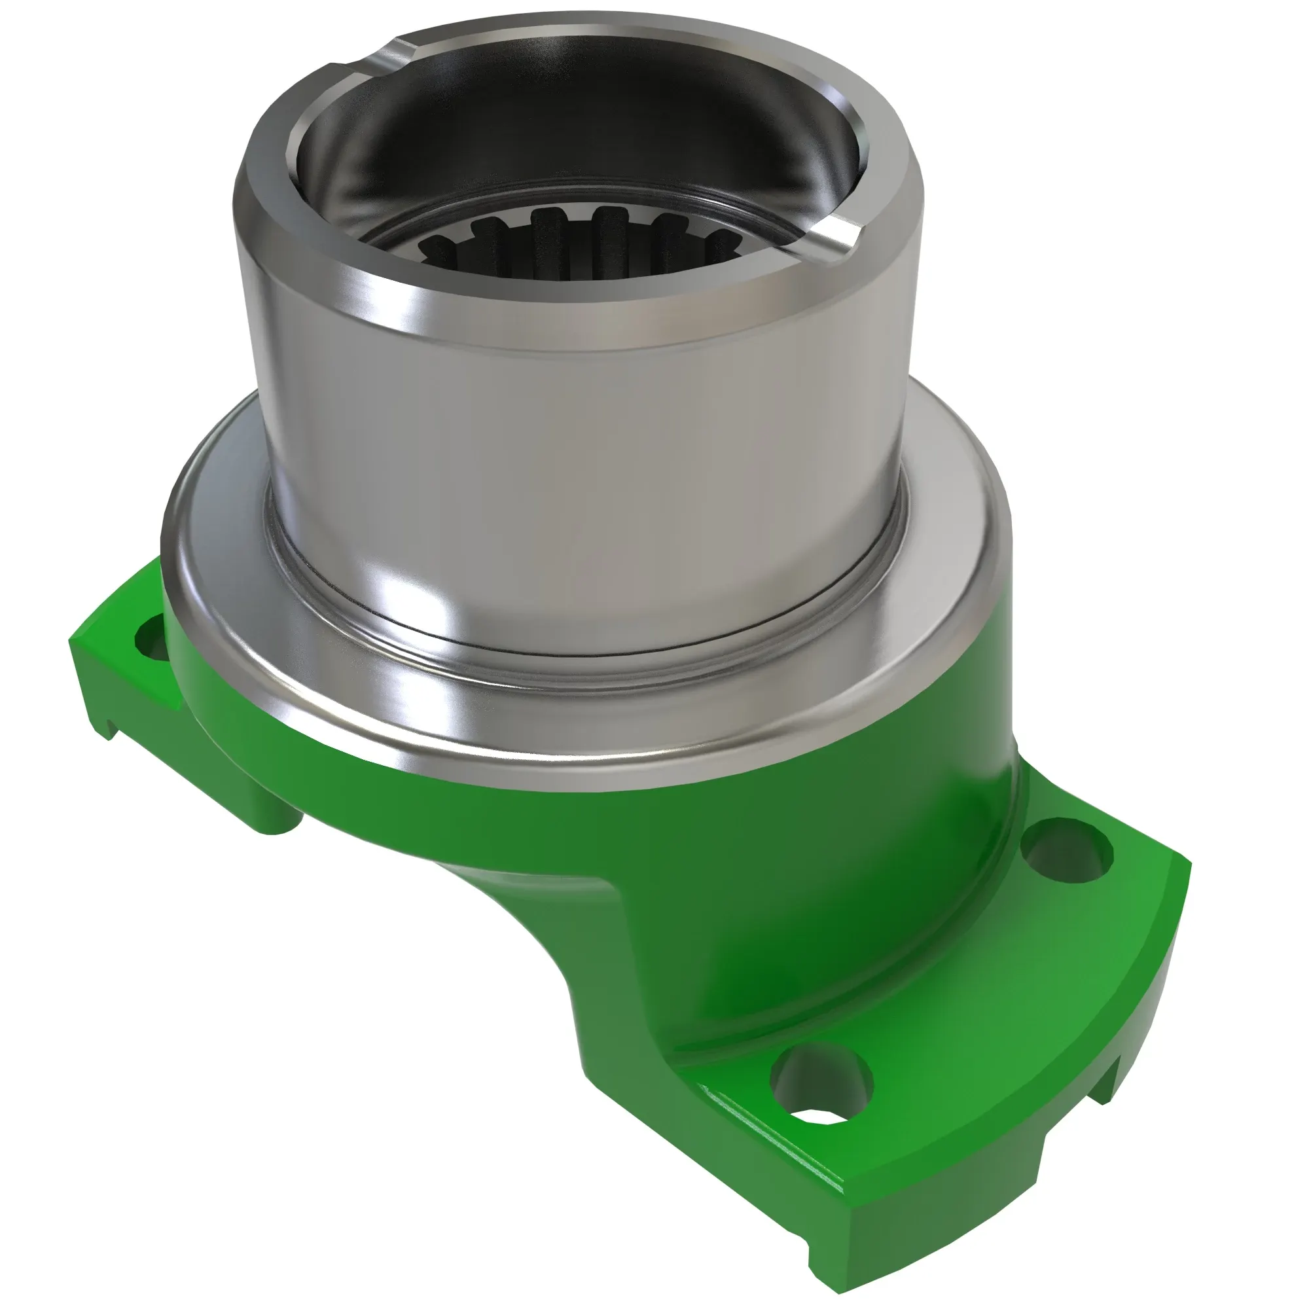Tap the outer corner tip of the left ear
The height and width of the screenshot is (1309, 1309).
point(72,640)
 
